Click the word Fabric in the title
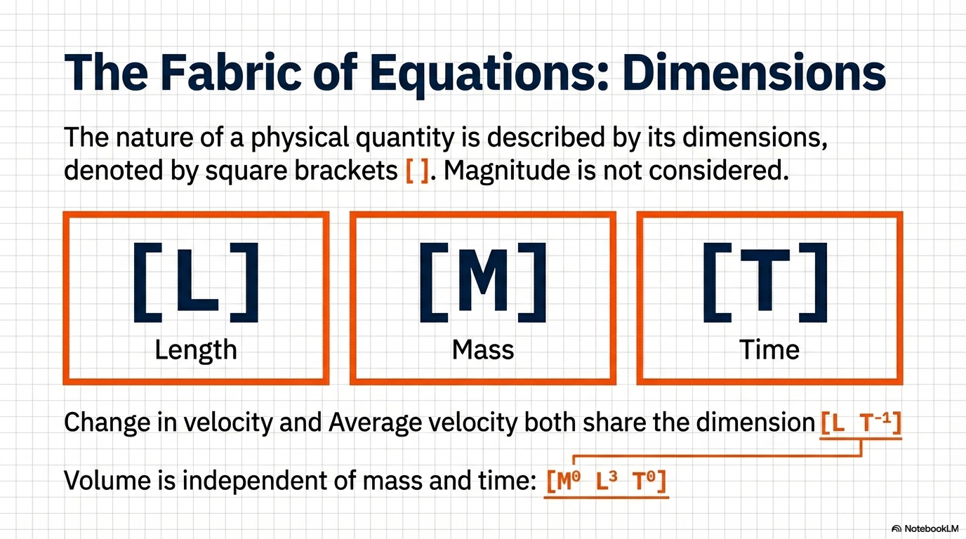coord(231,72)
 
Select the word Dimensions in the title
coord(754,72)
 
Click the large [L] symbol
coord(197,282)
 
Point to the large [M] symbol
coord(483,282)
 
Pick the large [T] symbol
coord(765,282)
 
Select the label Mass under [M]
coord(483,350)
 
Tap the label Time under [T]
coord(769,350)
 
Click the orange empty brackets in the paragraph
coord(417,171)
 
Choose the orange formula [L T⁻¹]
coord(861,423)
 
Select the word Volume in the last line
coord(107,480)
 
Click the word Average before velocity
coord(375,424)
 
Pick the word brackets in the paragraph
coord(346,171)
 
